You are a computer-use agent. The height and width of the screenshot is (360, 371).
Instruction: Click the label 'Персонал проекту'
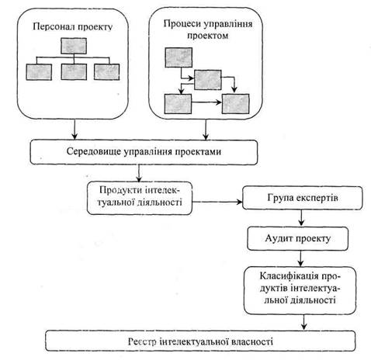point(73,27)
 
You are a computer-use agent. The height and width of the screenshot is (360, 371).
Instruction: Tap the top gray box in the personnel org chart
point(74,46)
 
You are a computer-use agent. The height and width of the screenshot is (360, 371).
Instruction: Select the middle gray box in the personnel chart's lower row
point(74,71)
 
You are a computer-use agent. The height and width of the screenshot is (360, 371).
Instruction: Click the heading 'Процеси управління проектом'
point(208,29)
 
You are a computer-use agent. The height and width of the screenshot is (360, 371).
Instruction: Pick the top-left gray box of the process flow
point(179,57)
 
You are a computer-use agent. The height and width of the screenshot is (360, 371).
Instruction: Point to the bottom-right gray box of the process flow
point(236,104)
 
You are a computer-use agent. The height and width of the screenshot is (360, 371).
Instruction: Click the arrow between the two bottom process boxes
point(206,102)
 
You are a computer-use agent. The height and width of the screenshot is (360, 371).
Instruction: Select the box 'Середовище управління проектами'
point(144,152)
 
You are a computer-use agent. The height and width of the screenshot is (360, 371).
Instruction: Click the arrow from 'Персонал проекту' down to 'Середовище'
point(75,130)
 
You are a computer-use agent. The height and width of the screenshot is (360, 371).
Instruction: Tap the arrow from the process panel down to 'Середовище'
point(206,130)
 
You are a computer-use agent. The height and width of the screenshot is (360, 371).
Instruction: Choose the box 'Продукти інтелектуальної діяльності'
point(140,198)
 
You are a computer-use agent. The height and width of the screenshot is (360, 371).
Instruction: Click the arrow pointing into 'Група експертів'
point(217,202)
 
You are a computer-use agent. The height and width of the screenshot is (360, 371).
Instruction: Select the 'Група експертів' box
point(303,198)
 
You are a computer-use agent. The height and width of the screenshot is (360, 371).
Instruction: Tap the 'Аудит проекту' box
point(298,239)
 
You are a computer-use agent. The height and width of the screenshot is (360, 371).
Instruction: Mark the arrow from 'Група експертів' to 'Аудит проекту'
point(301,218)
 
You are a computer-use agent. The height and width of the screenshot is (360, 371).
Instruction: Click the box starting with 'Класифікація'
point(300,290)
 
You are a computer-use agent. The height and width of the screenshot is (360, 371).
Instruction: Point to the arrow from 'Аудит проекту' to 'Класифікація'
point(300,258)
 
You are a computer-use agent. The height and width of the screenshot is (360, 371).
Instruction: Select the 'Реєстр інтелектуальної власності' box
point(200,341)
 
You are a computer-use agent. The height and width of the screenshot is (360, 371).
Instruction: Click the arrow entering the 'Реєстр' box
point(304,322)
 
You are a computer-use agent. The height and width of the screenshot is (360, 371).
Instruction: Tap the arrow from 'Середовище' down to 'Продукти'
point(139,173)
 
